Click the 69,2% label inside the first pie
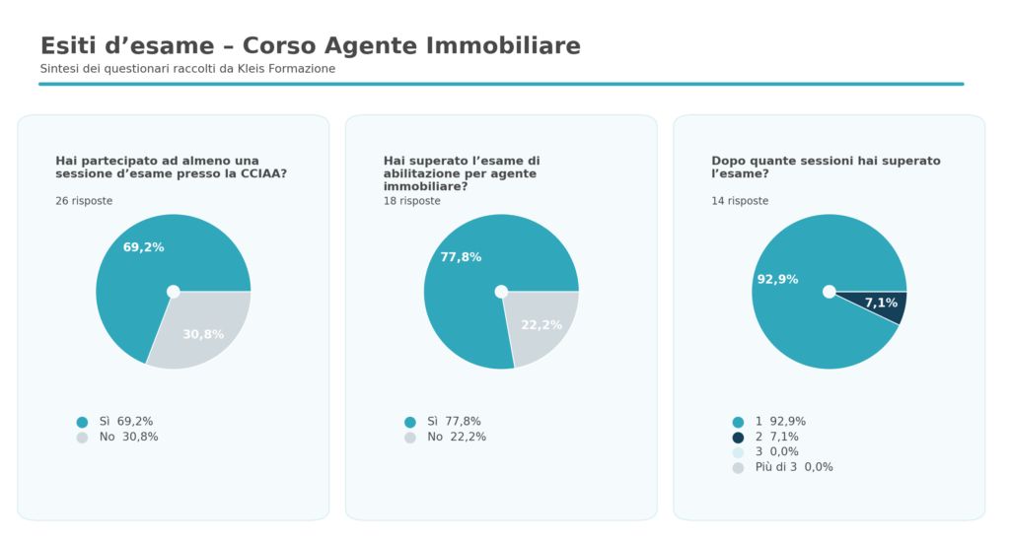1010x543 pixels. (143, 247)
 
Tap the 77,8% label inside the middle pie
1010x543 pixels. (461, 257)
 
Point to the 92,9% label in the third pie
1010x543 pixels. (777, 280)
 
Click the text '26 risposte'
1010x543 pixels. (84, 201)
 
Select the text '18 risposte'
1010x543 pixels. (412, 201)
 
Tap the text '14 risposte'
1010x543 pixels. (740, 201)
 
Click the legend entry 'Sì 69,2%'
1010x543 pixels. (125, 422)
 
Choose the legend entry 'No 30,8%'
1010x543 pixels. (127, 437)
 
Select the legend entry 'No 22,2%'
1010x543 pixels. (456, 437)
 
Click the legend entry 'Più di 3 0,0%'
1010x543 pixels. (793, 467)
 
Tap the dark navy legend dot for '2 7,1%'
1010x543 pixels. (738, 438)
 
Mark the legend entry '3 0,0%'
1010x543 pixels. (776, 452)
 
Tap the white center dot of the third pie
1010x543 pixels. (829, 292)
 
